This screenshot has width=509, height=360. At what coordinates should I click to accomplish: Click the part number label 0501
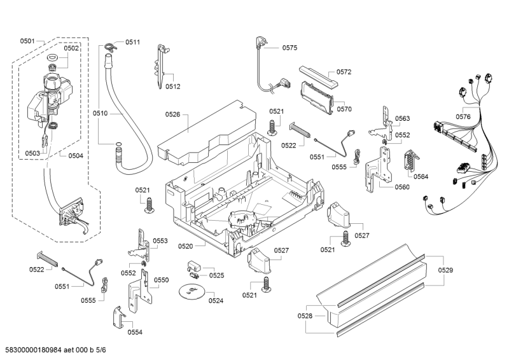pyautogui.click(x=27, y=41)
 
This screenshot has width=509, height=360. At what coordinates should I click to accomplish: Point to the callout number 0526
pyautogui.click(x=172, y=114)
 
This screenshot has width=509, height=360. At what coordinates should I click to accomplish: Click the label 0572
pyautogui.click(x=344, y=72)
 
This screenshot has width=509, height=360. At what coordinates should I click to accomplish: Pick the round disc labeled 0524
pyautogui.click(x=190, y=291)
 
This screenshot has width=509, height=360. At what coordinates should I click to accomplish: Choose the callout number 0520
pyautogui.click(x=186, y=246)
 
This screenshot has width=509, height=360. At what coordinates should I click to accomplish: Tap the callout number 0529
pyautogui.click(x=446, y=271)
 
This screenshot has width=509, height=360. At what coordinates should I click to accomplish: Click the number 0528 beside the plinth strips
pyautogui.click(x=305, y=315)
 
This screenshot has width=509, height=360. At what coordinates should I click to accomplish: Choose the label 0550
pyautogui.click(x=162, y=280)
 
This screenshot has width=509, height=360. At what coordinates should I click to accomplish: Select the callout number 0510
pyautogui.click(x=101, y=113)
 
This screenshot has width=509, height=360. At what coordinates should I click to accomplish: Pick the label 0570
pyautogui.click(x=344, y=109)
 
